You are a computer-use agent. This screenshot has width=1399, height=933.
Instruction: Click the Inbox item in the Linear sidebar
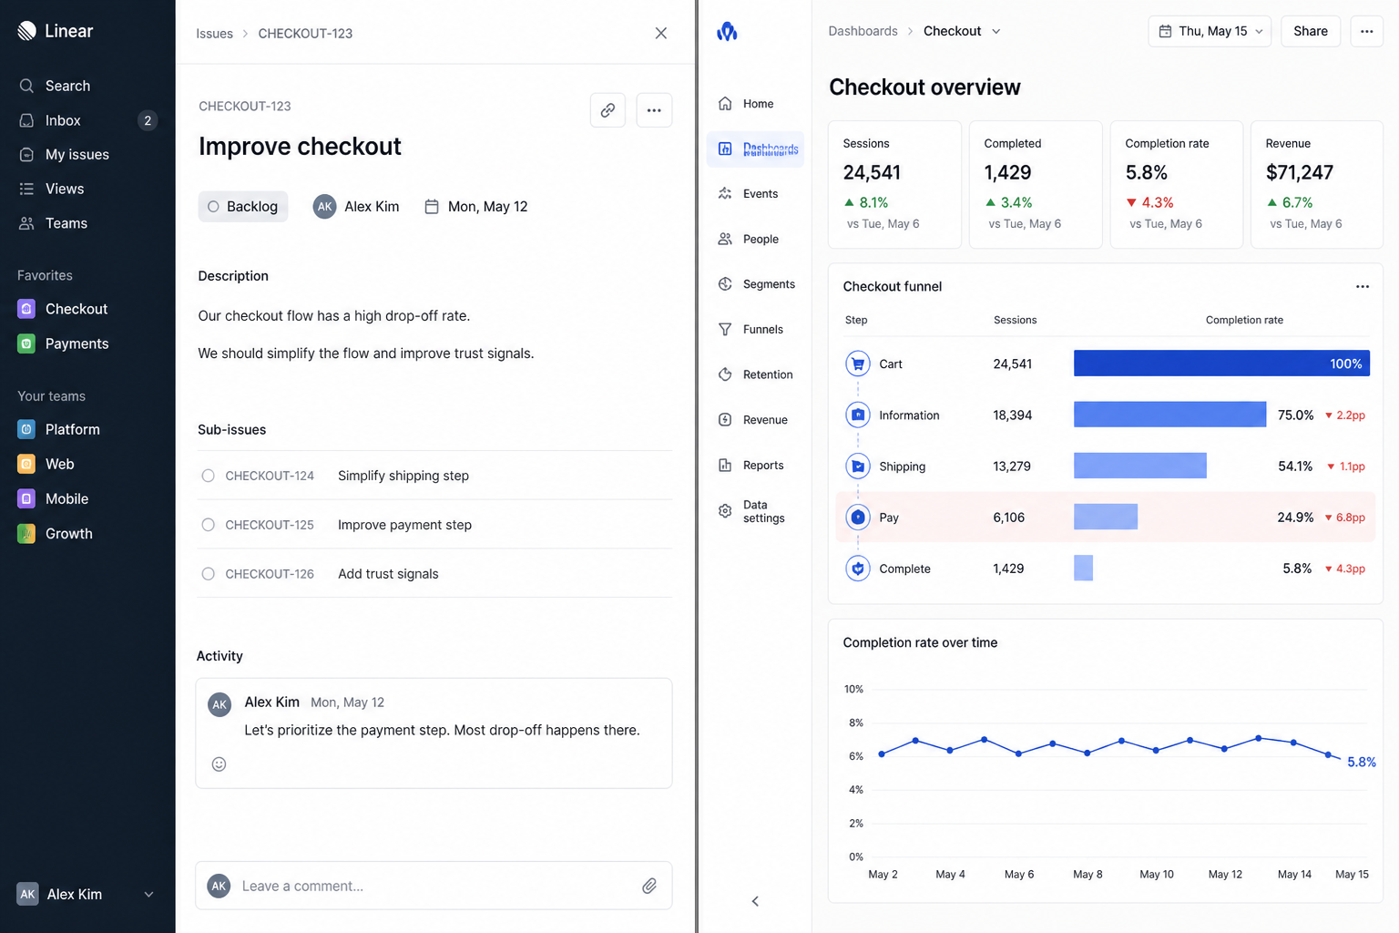click(63, 120)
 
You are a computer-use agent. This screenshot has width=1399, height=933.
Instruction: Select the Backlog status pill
click(243, 206)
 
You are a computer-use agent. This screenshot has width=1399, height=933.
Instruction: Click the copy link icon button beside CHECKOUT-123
click(608, 110)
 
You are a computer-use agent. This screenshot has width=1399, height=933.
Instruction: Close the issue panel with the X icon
click(660, 33)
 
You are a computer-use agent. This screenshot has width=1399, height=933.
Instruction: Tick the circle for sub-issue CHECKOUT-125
click(208, 524)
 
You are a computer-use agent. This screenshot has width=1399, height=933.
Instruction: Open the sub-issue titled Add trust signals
click(388, 574)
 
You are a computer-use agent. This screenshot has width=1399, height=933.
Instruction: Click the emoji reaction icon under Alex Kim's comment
click(219, 764)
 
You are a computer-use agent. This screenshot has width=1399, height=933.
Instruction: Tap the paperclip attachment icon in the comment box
click(648, 886)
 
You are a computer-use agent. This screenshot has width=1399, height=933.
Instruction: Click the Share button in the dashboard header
click(1311, 31)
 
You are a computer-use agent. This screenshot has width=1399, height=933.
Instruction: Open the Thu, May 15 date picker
click(1210, 31)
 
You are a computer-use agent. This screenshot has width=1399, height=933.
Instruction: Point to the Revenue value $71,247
click(1299, 172)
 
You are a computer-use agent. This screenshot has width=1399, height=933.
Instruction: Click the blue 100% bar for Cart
click(1221, 363)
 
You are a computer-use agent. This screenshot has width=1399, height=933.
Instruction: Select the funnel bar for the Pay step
click(1106, 517)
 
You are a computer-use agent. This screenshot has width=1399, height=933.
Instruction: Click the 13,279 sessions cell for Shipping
click(1012, 466)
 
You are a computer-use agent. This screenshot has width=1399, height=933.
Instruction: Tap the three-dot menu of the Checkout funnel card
click(1363, 286)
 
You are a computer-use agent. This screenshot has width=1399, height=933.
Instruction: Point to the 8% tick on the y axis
click(855, 723)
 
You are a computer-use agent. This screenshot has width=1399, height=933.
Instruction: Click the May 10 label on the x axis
click(1156, 875)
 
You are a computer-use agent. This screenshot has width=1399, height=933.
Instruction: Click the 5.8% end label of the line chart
click(1362, 762)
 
